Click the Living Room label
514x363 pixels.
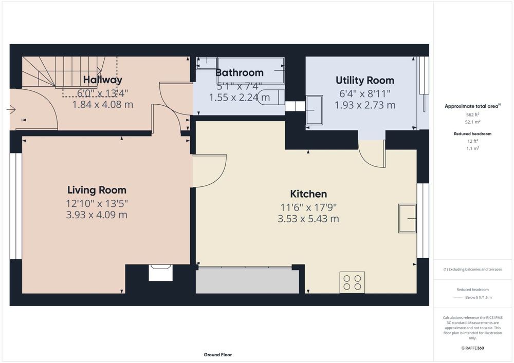click(x=97, y=190)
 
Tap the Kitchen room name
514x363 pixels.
click(x=308, y=194)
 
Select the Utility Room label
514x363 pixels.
click(x=365, y=80)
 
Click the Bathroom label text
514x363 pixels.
click(x=240, y=72)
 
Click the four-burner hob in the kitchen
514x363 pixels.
click(x=353, y=282)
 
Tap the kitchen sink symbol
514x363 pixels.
click(x=408, y=218)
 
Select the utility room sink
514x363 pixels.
click(x=315, y=110)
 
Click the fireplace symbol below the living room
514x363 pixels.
click(x=160, y=273)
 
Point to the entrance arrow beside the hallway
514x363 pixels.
click(x=11, y=109)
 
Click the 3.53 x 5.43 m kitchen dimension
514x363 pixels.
click(x=308, y=219)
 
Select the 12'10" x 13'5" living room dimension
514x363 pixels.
click(x=97, y=204)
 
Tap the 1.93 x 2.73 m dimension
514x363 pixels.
click(x=365, y=105)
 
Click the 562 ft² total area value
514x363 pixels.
click(x=473, y=114)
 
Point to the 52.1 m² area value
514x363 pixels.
click(x=473, y=122)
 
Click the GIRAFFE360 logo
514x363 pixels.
click(x=473, y=348)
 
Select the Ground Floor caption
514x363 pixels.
click(x=217, y=354)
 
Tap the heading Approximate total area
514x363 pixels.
click(x=473, y=106)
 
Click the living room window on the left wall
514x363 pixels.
click(x=16, y=206)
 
